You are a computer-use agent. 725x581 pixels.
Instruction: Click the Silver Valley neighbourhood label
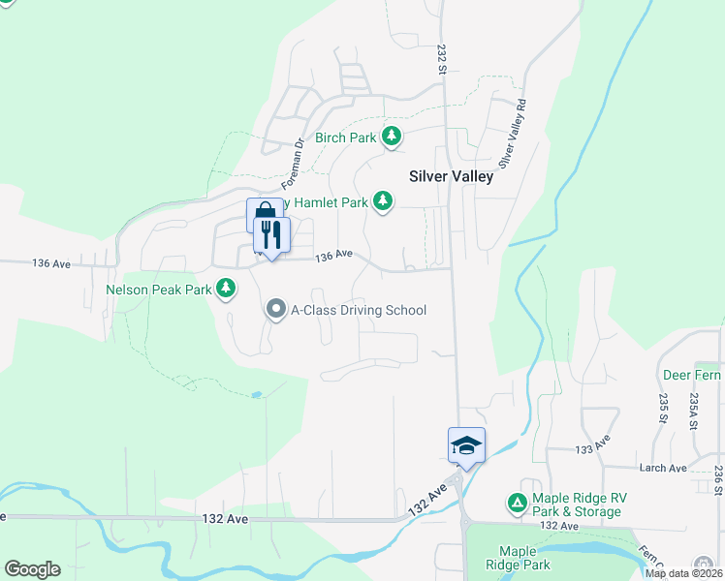click(451, 176)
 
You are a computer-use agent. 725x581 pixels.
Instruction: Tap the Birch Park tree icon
click(392, 138)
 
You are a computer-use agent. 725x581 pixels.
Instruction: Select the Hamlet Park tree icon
click(384, 202)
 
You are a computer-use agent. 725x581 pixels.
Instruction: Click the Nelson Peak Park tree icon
click(226, 289)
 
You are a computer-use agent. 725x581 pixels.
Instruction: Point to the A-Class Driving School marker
click(276, 310)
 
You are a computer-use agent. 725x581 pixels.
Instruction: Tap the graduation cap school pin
click(466, 446)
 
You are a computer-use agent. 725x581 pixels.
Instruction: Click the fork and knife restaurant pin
click(271, 235)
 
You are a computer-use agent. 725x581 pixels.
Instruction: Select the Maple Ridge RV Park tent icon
click(518, 504)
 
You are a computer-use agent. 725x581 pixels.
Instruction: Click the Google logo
click(31, 569)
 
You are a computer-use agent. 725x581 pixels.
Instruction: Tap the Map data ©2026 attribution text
click(683, 573)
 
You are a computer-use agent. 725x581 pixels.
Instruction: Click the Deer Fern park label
click(691, 375)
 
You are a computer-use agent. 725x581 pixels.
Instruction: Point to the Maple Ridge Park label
click(523, 558)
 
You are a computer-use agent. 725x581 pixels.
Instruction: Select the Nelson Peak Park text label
click(159, 289)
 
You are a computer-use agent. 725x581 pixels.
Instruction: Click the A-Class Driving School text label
click(359, 310)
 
